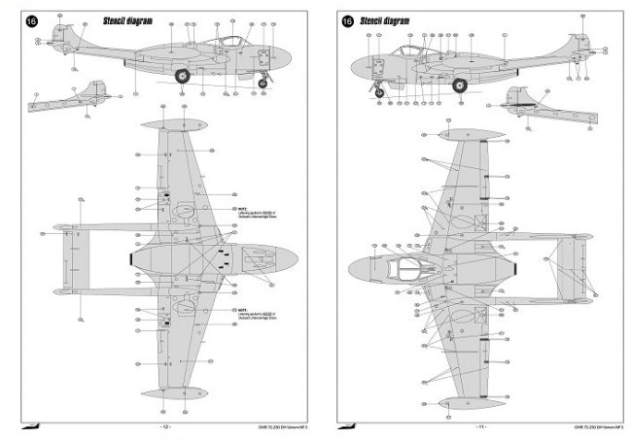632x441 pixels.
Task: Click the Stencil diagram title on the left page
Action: [x=101, y=18]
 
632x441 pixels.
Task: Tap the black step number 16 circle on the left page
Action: [x=35, y=18]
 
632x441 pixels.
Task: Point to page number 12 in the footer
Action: [x=165, y=426]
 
